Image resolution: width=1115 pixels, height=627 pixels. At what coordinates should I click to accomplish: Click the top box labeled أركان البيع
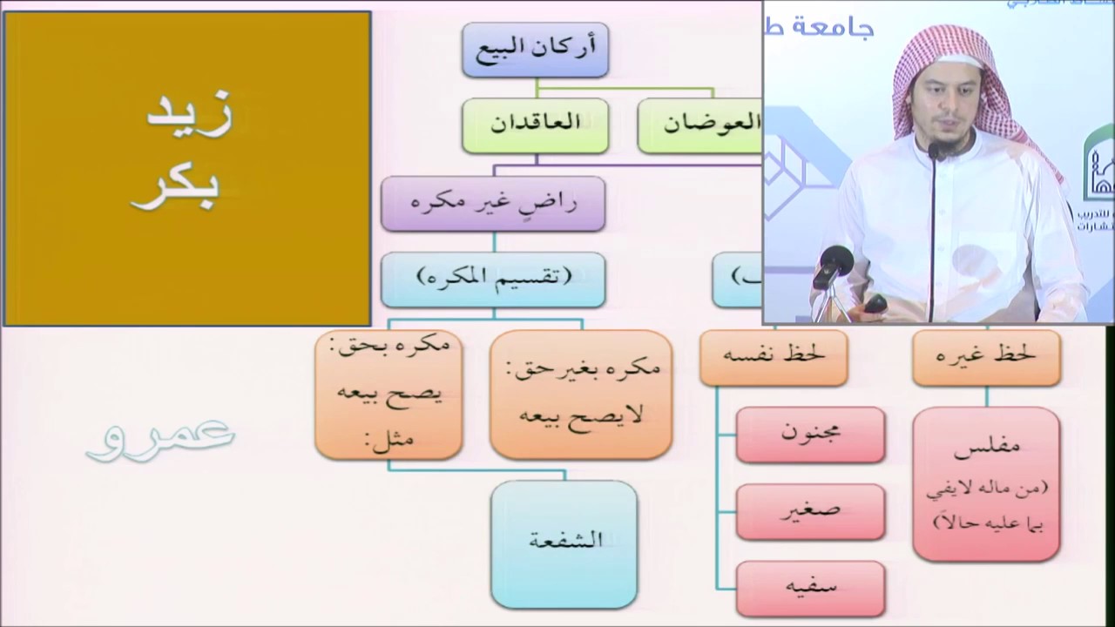click(535, 50)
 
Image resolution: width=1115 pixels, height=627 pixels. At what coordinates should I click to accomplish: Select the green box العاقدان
click(535, 125)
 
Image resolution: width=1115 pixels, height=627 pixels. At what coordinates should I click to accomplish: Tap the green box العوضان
click(701, 125)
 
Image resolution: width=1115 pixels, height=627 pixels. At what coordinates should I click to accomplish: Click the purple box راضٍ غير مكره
click(493, 204)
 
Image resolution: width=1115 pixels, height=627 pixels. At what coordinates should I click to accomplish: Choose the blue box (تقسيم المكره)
click(493, 279)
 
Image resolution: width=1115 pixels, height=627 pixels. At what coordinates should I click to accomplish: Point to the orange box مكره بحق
click(389, 394)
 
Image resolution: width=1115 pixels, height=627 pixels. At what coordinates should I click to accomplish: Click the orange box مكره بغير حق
click(581, 394)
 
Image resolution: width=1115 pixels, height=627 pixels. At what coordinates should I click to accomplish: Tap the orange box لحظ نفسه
click(774, 357)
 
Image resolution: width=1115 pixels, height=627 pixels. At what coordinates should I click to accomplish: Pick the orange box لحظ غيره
click(986, 357)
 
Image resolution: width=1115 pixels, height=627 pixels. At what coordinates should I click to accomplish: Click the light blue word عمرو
click(160, 435)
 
